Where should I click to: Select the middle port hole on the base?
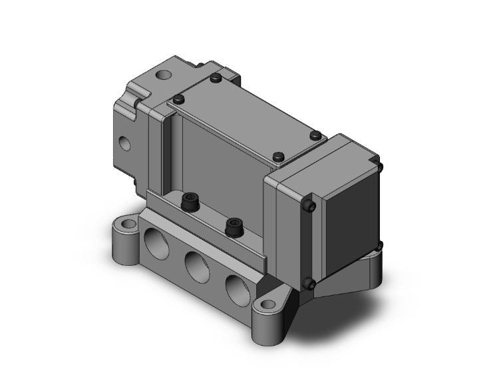click(x=196, y=265)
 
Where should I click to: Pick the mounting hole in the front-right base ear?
click(x=268, y=306)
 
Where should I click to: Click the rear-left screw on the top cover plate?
click(x=214, y=79)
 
